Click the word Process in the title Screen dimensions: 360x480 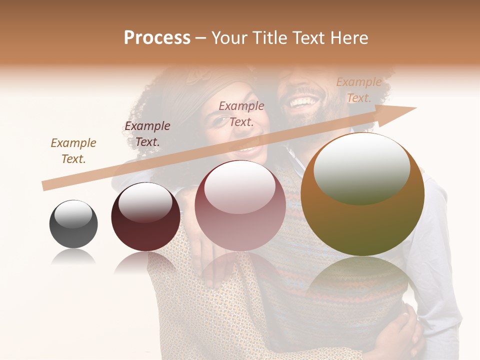pyautogui.click(x=157, y=38)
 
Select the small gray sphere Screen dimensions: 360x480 pyautogui.click(x=73, y=224)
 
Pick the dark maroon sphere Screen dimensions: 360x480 pyautogui.click(x=145, y=216)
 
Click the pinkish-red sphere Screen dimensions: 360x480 pyautogui.click(x=240, y=205)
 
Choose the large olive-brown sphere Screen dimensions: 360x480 pyautogui.click(x=362, y=195)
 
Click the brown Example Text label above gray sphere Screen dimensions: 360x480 pyautogui.click(x=73, y=151)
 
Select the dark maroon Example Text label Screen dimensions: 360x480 pyautogui.click(x=147, y=134)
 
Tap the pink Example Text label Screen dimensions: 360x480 pyautogui.click(x=241, y=113)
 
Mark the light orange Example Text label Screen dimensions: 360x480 pyautogui.click(x=359, y=90)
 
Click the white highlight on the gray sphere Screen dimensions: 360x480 pyautogui.click(x=73, y=214)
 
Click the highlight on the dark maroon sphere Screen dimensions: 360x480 pyautogui.click(x=145, y=202)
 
